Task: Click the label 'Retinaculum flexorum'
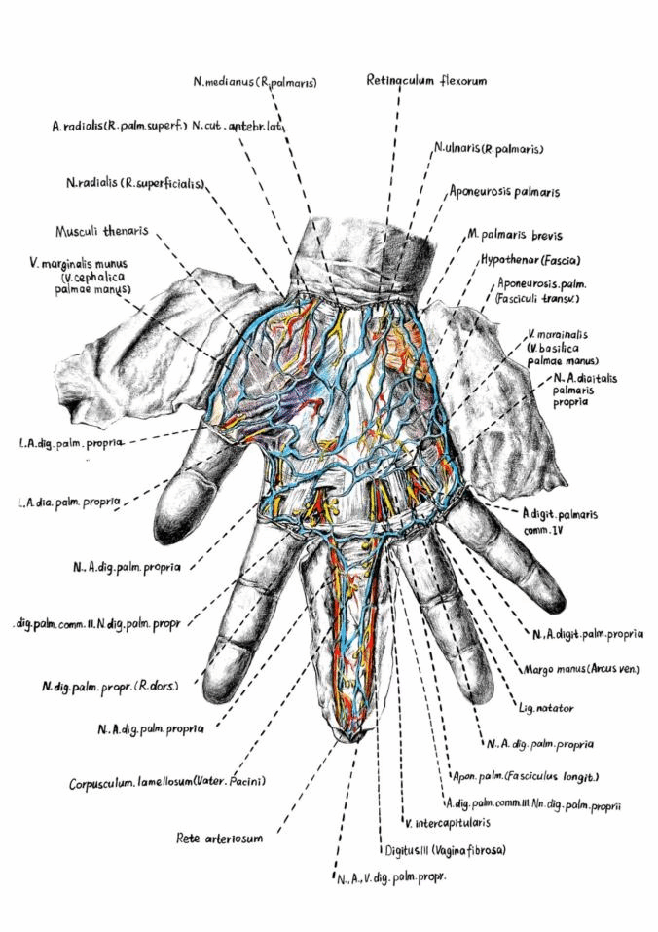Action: pos(425,80)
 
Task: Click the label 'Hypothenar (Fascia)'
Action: pos(530,260)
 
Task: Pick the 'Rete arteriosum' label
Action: pos(219,837)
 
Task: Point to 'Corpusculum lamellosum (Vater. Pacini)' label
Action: pos(167,782)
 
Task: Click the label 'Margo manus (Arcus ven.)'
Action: pos(581,670)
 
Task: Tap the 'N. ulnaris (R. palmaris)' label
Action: pos(488,149)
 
